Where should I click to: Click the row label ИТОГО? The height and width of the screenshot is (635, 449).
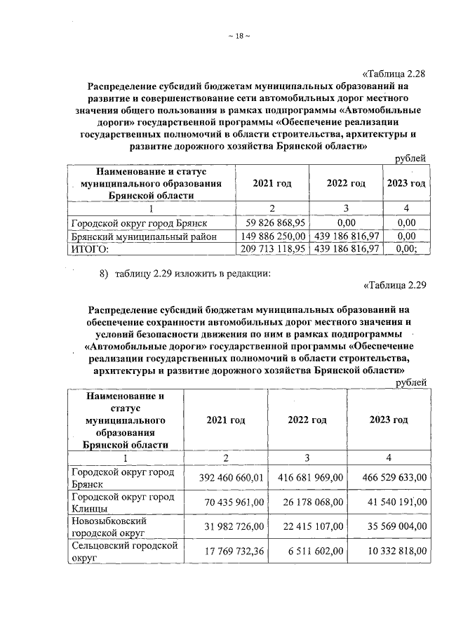91,248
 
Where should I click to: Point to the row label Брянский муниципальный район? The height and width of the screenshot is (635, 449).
140,236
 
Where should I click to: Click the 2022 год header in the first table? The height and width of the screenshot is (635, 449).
346,183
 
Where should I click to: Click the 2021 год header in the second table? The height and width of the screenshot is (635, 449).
225,420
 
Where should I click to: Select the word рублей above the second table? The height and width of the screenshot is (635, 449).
411,382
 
